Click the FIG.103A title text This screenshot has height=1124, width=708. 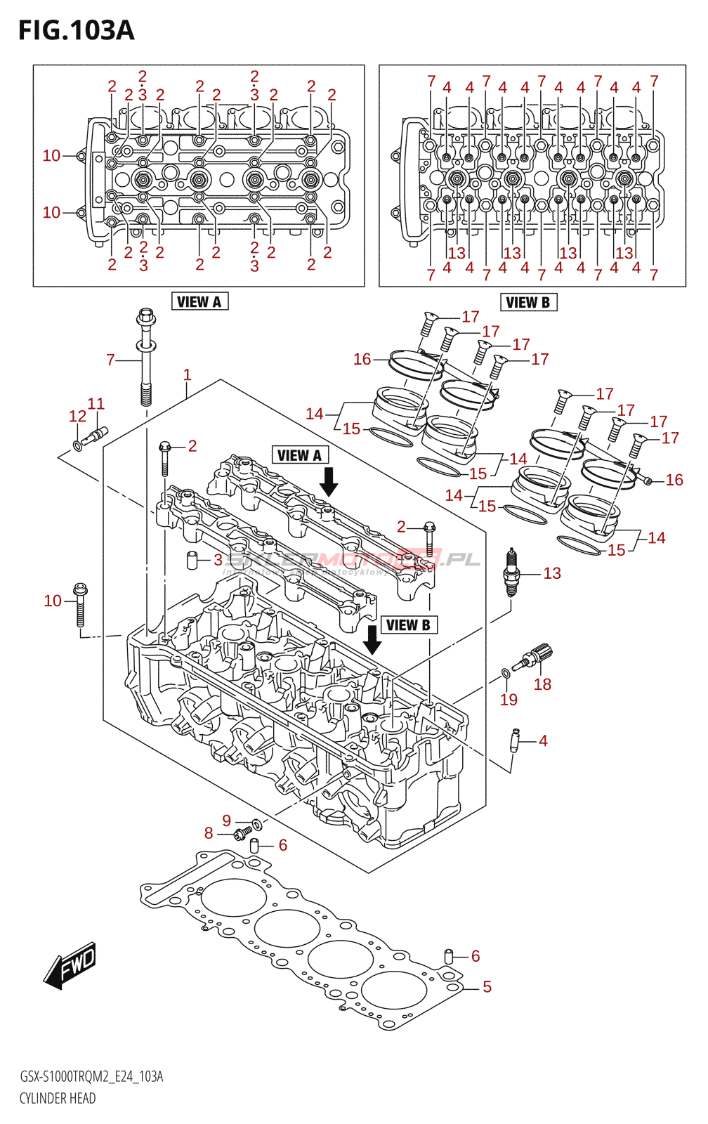(x=76, y=31)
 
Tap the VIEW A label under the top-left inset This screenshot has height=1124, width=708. (x=199, y=302)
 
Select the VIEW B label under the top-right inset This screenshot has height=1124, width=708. (x=528, y=303)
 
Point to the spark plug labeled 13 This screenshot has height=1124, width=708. (x=512, y=573)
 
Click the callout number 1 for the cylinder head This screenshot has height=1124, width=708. (x=187, y=374)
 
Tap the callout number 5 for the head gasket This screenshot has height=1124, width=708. (x=487, y=986)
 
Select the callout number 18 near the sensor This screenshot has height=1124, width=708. (x=542, y=684)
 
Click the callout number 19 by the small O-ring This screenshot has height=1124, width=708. (x=509, y=700)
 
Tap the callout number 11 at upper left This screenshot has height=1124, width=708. (x=96, y=403)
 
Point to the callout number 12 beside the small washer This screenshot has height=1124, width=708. (x=77, y=416)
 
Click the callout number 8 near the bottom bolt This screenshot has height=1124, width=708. (x=209, y=833)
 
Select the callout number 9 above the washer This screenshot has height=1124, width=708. (x=226, y=821)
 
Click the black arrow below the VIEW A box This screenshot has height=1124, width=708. (x=328, y=482)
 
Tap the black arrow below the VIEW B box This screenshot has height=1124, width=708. (x=372, y=639)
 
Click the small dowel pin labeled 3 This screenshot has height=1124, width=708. (x=191, y=561)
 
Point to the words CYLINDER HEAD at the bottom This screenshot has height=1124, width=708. (x=58, y=1098)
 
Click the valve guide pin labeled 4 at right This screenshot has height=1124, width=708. (x=515, y=740)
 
